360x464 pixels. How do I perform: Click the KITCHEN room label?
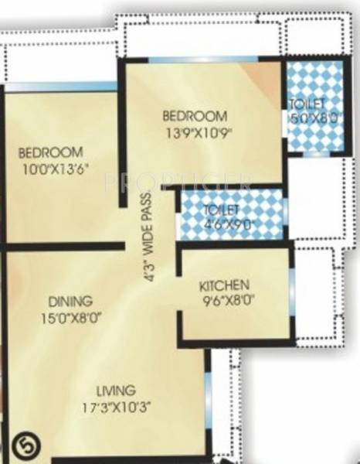(223, 282)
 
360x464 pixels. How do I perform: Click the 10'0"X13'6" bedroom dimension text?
(60, 165)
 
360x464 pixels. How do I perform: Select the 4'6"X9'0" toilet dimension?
(228, 223)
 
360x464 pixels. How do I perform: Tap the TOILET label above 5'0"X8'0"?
(307, 104)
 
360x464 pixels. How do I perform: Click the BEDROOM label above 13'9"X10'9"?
(195, 117)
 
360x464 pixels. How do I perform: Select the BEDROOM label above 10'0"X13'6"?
(50, 151)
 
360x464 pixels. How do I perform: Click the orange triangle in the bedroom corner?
(265, 74)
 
